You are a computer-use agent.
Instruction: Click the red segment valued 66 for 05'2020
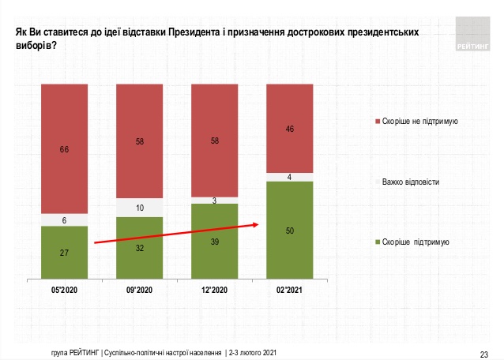[63, 148]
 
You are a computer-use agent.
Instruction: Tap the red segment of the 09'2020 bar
[139, 141]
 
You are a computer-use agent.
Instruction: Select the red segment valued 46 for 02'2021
[290, 128]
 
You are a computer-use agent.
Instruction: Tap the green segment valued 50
[290, 231]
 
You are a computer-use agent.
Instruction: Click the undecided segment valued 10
[139, 208]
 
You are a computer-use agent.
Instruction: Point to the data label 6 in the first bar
[63, 220]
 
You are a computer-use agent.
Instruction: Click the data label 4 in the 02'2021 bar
[290, 177]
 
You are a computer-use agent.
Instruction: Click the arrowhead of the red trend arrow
[257, 224]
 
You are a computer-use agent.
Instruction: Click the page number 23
[485, 352]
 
